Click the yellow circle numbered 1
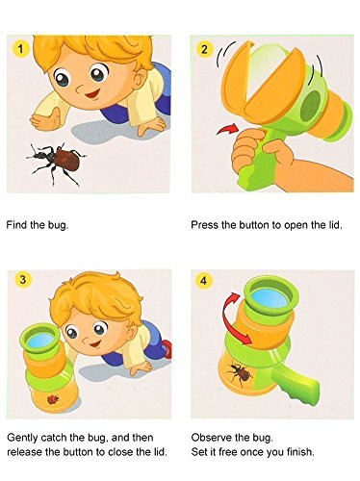(21, 49)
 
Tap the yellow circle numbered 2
(204, 49)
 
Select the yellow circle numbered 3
(22, 279)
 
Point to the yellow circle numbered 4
(204, 281)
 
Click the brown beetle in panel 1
(57, 162)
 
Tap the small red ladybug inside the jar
(53, 399)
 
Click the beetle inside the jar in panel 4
(240, 372)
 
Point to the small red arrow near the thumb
(227, 129)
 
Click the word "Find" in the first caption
(16, 224)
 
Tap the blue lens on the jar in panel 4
(270, 298)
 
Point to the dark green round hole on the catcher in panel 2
(311, 105)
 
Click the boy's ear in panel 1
(141, 79)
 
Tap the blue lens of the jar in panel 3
(40, 341)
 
